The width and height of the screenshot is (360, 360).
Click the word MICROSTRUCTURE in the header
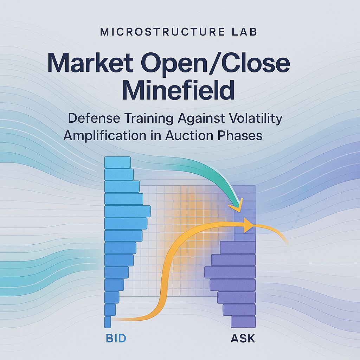(x=162, y=32)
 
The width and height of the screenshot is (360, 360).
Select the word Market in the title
(x=90, y=63)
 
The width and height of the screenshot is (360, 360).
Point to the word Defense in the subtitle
(x=94, y=118)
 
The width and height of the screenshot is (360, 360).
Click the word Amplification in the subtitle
(x=105, y=136)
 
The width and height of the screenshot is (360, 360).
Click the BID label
(x=116, y=339)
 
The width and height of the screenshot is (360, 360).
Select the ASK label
(x=243, y=339)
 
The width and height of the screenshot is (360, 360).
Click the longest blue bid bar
(x=128, y=211)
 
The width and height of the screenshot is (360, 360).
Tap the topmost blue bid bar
(x=117, y=162)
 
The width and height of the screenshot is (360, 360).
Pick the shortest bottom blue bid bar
(x=108, y=322)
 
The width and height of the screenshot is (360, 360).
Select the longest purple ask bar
(x=230, y=272)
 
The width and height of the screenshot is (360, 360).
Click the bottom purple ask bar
(x=243, y=322)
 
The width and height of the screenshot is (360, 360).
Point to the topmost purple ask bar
(x=238, y=247)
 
